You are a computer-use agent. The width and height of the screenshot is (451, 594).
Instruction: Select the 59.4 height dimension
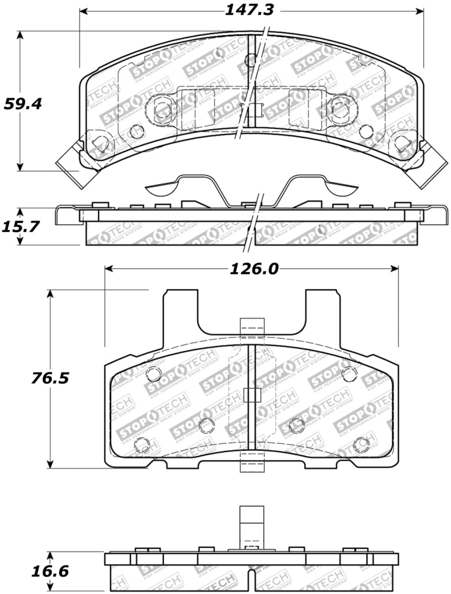pos(23,104)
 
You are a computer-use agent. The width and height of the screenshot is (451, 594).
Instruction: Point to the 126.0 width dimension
pos(254,269)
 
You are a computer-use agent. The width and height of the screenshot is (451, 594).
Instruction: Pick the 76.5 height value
pos(50,378)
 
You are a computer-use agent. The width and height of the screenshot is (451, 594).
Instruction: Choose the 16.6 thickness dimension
pos(50,571)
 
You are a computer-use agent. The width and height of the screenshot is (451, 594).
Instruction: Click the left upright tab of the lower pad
pos(180,311)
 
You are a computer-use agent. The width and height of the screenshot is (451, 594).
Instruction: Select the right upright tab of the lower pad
pos(322,311)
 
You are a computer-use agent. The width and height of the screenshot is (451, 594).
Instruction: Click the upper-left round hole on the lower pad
pos(153,374)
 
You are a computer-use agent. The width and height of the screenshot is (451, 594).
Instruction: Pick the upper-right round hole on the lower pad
pos(349,373)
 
